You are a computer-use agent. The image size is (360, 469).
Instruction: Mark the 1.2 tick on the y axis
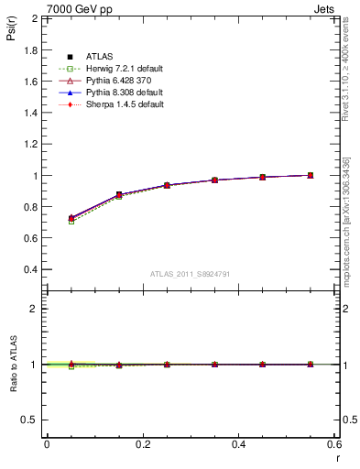pos(31,144)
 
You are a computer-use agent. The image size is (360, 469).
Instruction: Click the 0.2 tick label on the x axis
pos(142,444)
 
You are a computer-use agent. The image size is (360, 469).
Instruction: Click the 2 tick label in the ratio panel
pos(35,309)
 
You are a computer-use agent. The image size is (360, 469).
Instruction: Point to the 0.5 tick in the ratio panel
pos(31,420)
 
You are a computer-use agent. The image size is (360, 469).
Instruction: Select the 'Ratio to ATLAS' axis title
pos(14,365)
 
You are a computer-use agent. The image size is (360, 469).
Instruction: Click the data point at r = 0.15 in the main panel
pos(118,194)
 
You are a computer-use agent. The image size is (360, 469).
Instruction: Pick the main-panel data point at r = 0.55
pos(311,175)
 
